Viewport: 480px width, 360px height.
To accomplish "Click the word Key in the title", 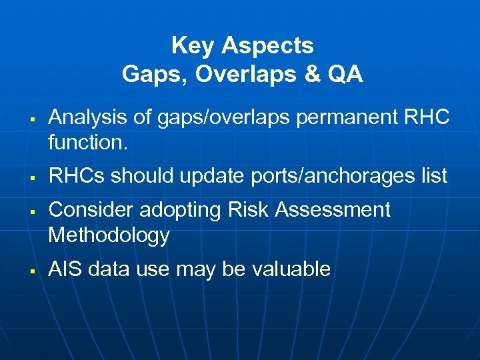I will point(193,46).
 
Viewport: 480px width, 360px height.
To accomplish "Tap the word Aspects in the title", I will point(267,46).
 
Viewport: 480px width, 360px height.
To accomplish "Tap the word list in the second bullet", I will point(434,176).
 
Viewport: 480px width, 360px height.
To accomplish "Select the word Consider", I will point(91,210).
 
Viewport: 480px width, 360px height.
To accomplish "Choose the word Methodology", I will point(109,235).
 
